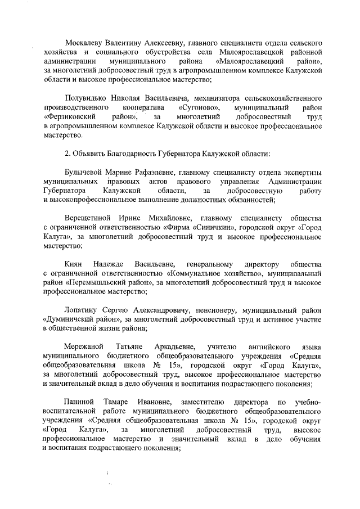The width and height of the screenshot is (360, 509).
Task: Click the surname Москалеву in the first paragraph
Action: click(85, 43)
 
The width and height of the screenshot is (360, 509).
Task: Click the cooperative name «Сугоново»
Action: click(198, 107)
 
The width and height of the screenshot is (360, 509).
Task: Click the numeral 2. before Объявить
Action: click(68, 154)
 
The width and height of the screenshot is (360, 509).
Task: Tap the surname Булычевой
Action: click(87, 172)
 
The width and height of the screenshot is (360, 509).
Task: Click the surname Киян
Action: click(74, 264)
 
